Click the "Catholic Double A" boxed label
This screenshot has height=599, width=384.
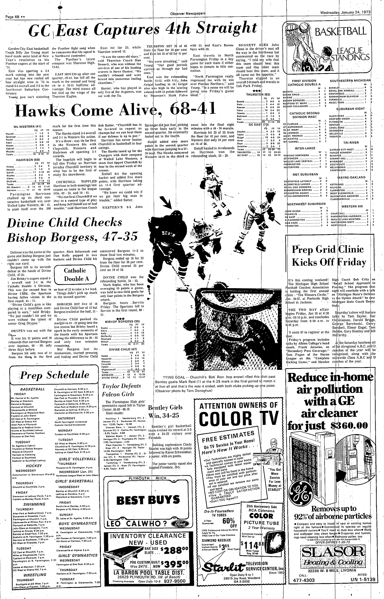(x=75, y=274)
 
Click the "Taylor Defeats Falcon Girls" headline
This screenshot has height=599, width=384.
(x=121, y=390)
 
